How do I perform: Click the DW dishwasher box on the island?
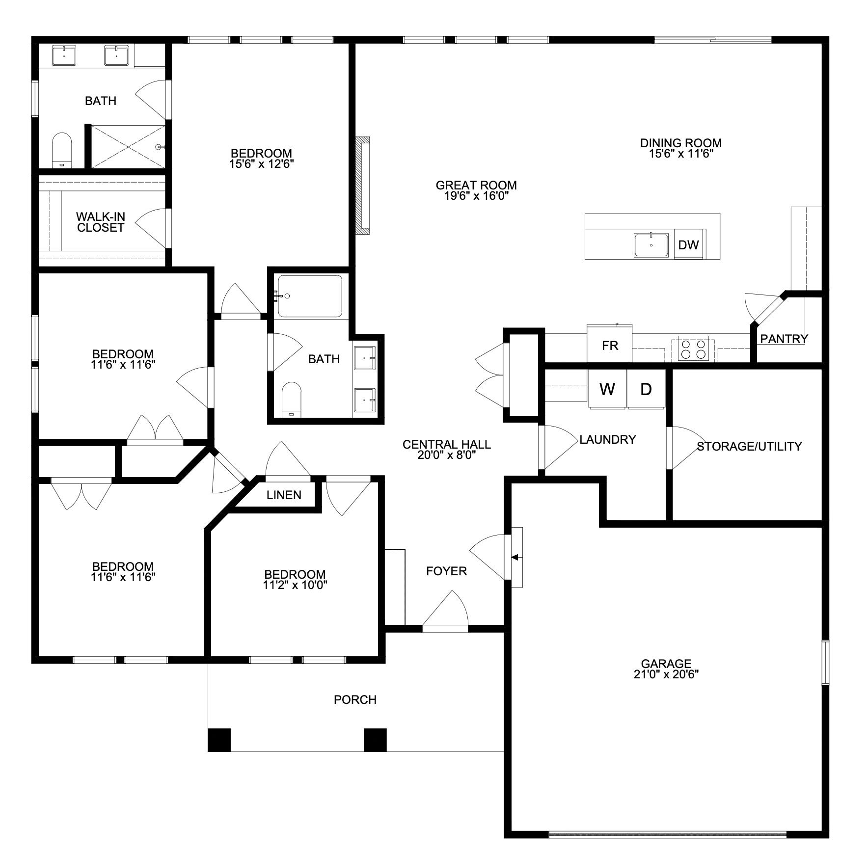(688, 244)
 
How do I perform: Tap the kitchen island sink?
(651, 245)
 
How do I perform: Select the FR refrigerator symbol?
(610, 346)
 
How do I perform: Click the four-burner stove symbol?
(693, 349)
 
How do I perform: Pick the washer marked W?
(607, 389)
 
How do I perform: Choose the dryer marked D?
(646, 389)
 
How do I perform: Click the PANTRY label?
(784, 339)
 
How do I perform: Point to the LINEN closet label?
(284, 495)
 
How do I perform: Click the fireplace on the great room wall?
(364, 186)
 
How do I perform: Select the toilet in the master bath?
(62, 149)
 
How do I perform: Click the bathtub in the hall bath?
(310, 296)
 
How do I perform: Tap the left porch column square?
(219, 740)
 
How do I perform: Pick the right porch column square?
(375, 740)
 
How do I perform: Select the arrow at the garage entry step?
(515, 557)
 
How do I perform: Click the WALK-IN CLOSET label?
(101, 222)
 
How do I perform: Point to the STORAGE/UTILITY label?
(749, 446)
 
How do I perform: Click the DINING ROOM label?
(680, 143)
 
